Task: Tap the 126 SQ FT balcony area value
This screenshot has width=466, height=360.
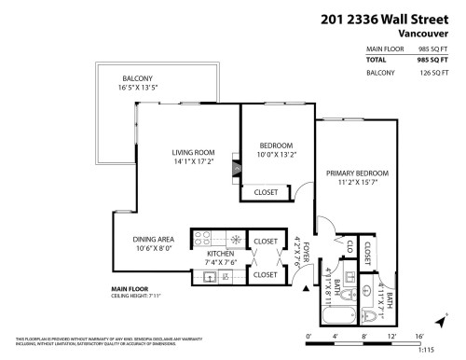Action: pyautogui.click(x=432, y=72)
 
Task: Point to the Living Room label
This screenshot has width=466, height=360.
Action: pyautogui.click(x=193, y=152)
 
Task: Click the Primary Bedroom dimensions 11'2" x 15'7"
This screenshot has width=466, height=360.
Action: pyautogui.click(x=357, y=185)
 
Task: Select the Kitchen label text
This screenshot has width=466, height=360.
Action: pyautogui.click(x=220, y=253)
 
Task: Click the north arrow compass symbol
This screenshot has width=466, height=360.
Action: pyautogui.click(x=446, y=318)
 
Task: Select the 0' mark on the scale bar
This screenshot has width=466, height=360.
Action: pyautogui.click(x=308, y=334)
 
